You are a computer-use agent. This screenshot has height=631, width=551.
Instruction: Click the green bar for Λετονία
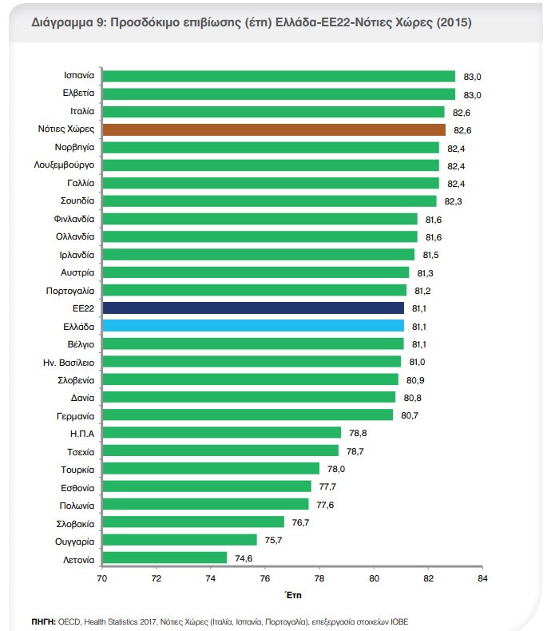[165, 558]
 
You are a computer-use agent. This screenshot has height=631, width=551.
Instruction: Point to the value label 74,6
[244, 558]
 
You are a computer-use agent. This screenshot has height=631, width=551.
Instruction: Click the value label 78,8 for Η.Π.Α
[357, 433]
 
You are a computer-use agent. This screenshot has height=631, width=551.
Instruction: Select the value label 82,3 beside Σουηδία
[453, 201]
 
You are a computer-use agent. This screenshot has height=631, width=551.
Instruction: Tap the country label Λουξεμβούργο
[65, 165]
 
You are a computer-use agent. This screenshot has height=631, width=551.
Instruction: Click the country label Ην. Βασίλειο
[69, 361]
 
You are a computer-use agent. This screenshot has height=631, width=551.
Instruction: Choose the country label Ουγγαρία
[77, 540]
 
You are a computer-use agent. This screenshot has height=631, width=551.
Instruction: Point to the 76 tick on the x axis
[264, 577]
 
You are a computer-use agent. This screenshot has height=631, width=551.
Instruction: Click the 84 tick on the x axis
[482, 577]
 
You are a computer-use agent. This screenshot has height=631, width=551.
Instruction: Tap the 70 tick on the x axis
[101, 577]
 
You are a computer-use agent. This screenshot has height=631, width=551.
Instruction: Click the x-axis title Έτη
[292, 595]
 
